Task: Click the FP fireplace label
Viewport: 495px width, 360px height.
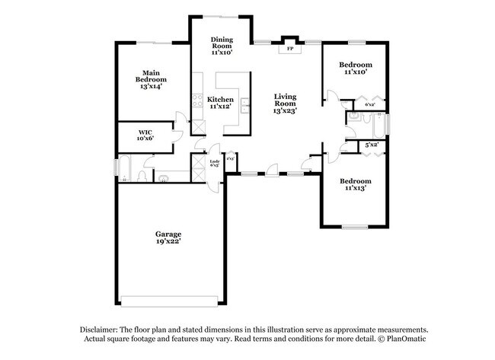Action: point(289,49)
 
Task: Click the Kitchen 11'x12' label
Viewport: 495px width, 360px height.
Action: point(221,103)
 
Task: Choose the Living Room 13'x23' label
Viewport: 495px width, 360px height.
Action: point(285,104)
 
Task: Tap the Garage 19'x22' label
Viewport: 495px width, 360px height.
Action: point(169,237)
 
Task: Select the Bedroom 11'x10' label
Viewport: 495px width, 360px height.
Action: point(356,68)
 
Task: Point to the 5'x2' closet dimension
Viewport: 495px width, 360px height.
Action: point(372,145)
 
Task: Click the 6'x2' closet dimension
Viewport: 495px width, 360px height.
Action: point(370,104)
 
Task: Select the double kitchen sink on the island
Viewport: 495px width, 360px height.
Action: point(244,104)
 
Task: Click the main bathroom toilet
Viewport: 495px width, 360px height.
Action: point(142,176)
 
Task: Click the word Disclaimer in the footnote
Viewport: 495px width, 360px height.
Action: point(101,328)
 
